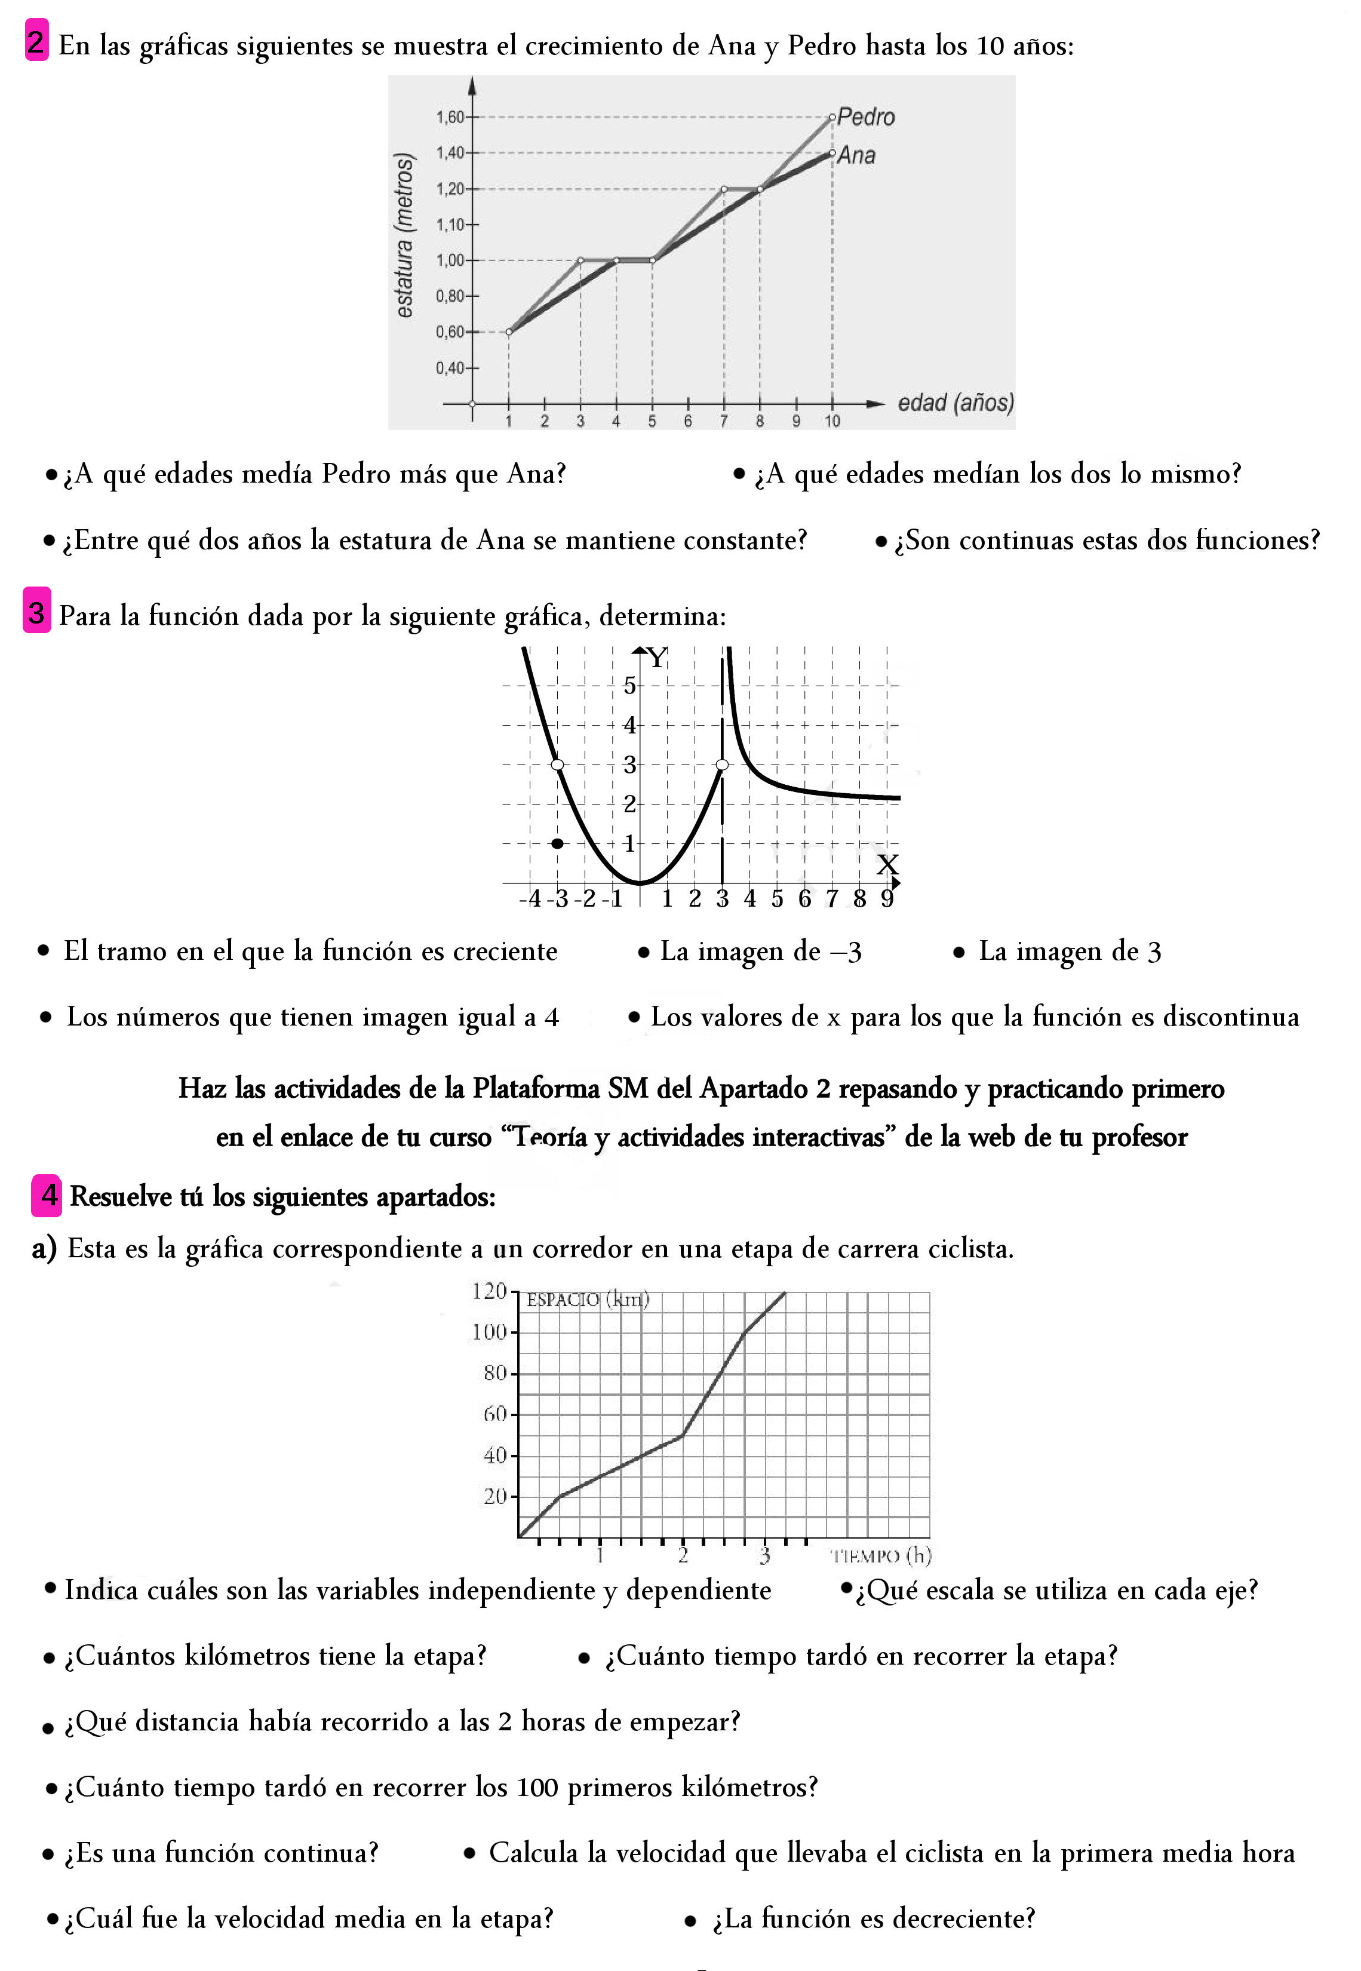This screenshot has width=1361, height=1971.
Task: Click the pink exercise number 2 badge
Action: pos(36,41)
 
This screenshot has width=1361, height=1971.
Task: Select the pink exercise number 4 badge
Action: pos(48,1195)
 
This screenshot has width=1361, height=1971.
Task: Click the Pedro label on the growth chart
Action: pos(865,117)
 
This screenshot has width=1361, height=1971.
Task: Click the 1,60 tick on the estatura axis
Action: pos(450,117)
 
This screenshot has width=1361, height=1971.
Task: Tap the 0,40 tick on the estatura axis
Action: pos(450,367)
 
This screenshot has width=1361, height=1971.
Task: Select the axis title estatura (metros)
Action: pos(404,235)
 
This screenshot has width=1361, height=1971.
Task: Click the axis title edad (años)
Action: pos(955,403)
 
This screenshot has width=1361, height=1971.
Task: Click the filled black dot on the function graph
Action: pos(558,843)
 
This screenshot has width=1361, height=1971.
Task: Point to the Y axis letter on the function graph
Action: pos(657,658)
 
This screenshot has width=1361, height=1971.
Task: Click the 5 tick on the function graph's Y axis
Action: pos(629,685)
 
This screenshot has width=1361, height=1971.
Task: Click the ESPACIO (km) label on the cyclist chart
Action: pos(586,1300)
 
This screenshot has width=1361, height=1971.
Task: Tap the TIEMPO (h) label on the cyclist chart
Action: pos(881,1556)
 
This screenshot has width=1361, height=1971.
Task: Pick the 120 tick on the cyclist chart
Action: pos(490,1291)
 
